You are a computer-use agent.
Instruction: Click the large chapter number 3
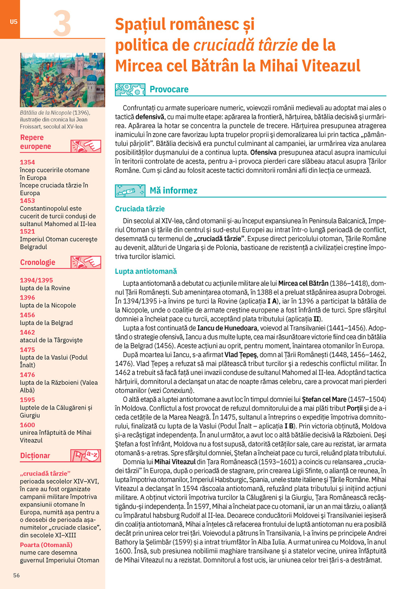click(x=62, y=24)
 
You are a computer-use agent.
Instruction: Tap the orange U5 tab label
click(x=14, y=22)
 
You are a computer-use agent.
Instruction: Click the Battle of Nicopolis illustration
click(x=62, y=80)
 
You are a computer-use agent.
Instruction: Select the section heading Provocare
click(x=169, y=89)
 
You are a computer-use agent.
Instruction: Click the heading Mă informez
click(x=173, y=190)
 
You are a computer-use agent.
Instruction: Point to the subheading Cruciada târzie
click(x=140, y=209)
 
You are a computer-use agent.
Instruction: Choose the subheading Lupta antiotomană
click(x=146, y=271)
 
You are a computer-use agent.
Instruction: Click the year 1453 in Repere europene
click(x=27, y=201)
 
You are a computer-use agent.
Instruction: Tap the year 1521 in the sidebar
click(x=27, y=231)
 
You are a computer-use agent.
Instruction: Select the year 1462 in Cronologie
click(x=27, y=332)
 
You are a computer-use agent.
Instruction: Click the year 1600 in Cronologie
click(x=27, y=425)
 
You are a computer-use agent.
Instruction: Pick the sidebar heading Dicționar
click(x=35, y=456)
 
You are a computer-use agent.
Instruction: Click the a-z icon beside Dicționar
click(x=86, y=456)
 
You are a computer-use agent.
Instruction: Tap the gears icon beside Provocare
click(x=130, y=89)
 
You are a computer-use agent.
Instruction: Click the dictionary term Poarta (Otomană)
click(x=46, y=545)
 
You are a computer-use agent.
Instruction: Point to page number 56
click(x=16, y=575)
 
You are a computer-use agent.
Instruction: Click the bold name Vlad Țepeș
click(x=240, y=355)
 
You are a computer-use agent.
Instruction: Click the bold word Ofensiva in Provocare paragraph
click(x=263, y=153)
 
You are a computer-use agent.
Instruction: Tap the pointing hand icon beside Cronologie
click(x=86, y=262)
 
